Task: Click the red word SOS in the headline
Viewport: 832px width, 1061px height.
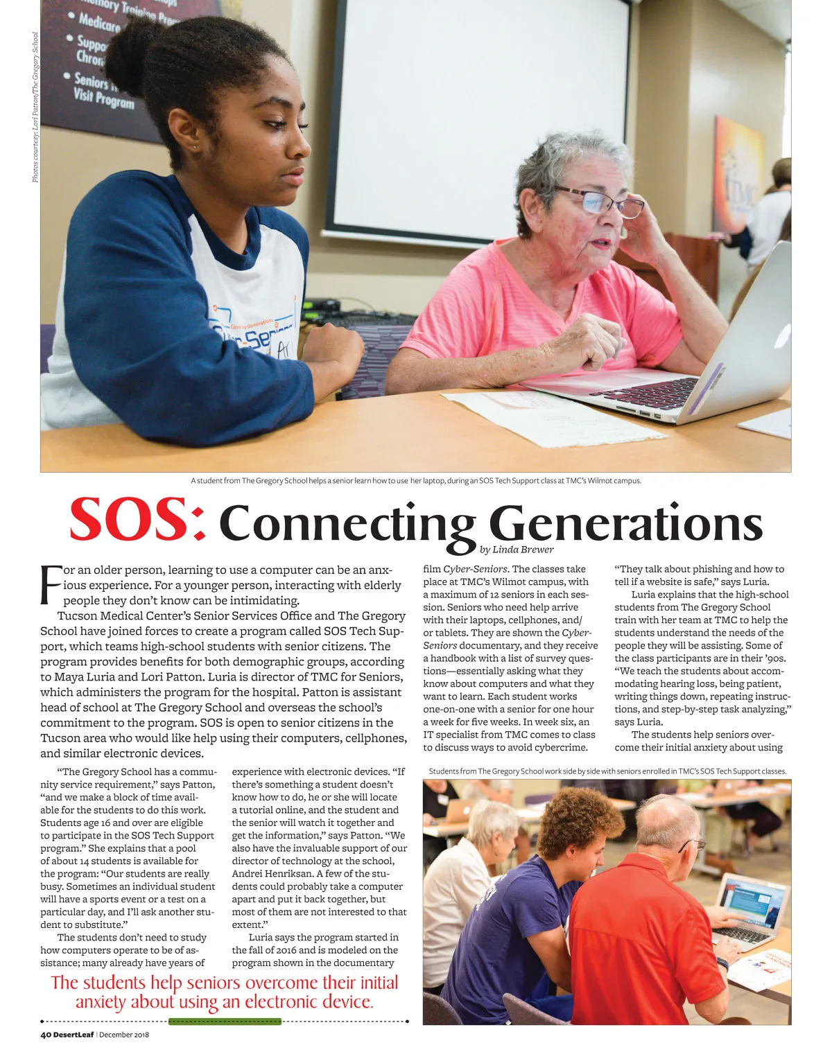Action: [137, 520]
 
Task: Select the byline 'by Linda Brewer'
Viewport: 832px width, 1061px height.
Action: [516, 550]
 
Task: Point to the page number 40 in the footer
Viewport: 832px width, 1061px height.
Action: [45, 1035]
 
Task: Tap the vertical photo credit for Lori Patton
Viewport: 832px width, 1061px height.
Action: [35, 108]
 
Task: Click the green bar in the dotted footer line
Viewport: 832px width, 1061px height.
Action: [225, 1021]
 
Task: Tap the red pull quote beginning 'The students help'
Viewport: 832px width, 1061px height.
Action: [225, 992]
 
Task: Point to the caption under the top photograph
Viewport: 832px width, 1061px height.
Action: [416, 480]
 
